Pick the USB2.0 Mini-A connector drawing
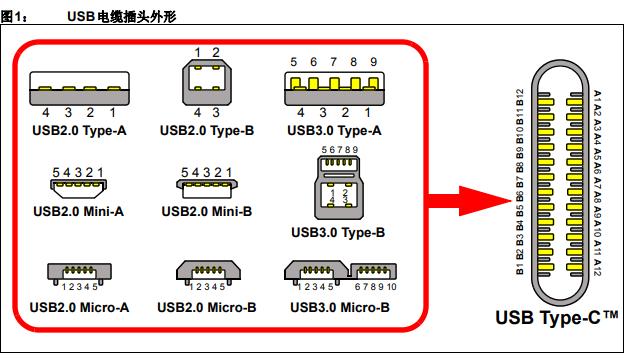(80, 183)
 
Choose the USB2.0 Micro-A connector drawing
(80, 272)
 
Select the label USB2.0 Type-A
(80, 129)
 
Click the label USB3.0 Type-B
(338, 234)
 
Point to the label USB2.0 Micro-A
(80, 306)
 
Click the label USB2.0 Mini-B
(205, 211)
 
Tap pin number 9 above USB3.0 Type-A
(372, 61)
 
